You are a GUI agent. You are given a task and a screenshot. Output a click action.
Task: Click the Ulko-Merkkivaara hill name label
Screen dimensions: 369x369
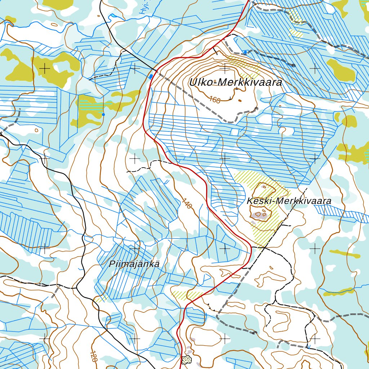click(x=236, y=83)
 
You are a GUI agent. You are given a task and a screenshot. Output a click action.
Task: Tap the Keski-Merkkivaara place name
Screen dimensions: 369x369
click(x=289, y=201)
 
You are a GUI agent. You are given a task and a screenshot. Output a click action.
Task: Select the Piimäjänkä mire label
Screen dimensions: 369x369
click(x=134, y=264)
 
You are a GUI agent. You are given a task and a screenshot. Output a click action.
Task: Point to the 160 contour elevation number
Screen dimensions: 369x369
click(x=214, y=100)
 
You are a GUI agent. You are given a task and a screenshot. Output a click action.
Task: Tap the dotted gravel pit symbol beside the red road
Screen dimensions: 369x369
click(x=186, y=359)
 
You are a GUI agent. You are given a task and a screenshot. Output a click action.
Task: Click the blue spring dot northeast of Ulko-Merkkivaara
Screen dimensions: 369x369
click(x=245, y=52)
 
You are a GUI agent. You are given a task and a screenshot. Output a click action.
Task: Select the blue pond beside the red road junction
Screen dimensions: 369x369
click(x=151, y=76)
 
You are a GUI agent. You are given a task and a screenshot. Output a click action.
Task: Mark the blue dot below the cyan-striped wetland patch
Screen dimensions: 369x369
click(x=103, y=115)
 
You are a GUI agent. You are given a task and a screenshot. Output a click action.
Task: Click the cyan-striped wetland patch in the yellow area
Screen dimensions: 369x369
click(x=90, y=105)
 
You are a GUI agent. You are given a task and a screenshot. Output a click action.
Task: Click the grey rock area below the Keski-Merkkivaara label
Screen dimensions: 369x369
click(x=261, y=215)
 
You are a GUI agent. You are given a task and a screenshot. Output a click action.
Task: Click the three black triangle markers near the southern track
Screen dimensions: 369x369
click(x=213, y=308)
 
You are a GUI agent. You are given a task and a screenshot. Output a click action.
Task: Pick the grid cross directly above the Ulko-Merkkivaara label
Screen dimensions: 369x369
click(x=225, y=68)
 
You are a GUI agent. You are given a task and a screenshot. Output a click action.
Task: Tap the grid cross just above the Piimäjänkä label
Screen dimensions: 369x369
click(x=134, y=248)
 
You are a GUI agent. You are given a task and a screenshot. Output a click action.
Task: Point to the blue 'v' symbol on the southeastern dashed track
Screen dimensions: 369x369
click(x=308, y=347)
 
